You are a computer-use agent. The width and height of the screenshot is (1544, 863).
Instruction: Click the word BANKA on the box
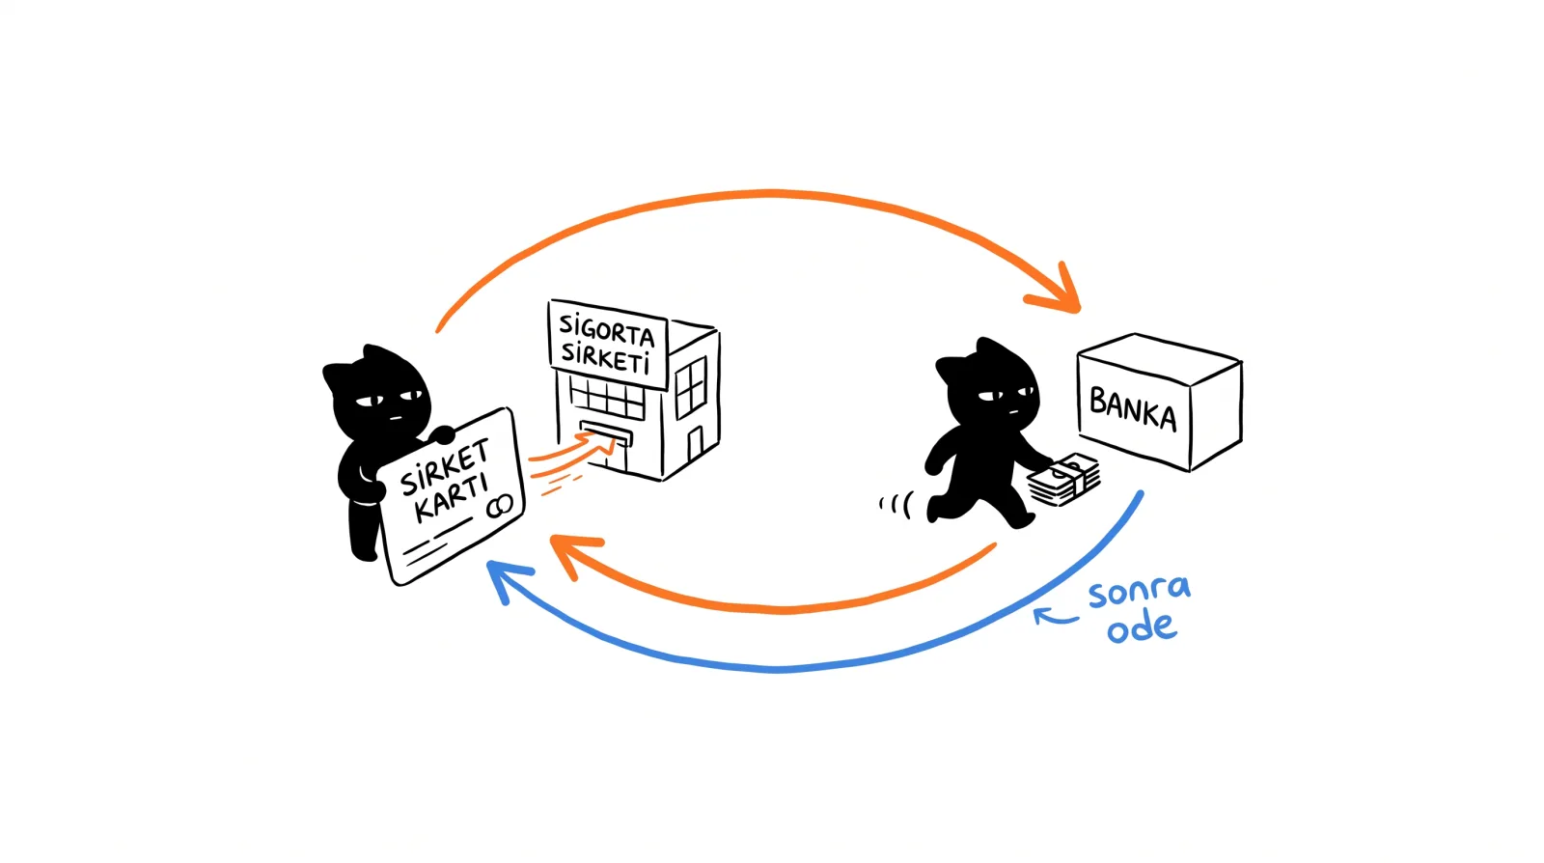pos(1133,408)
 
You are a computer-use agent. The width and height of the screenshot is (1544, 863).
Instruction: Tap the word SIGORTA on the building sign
pos(607,330)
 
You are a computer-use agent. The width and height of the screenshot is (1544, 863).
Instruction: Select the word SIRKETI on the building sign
pos(605,358)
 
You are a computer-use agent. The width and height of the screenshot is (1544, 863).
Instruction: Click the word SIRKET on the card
pos(445,466)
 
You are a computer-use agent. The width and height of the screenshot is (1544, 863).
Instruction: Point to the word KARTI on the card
pos(452,498)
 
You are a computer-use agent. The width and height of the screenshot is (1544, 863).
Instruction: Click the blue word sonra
pos(1140,592)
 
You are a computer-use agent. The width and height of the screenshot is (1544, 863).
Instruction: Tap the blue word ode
pos(1142,627)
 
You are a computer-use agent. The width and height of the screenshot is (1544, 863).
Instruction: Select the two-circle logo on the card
pos(500,507)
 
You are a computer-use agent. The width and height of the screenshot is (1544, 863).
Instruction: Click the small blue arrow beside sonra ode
pos(1055,616)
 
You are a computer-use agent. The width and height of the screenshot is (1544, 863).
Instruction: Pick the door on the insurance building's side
pos(695,444)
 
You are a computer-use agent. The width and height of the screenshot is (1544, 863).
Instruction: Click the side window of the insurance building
pos(691,387)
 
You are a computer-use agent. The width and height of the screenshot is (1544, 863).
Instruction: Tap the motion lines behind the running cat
pos(896,505)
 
